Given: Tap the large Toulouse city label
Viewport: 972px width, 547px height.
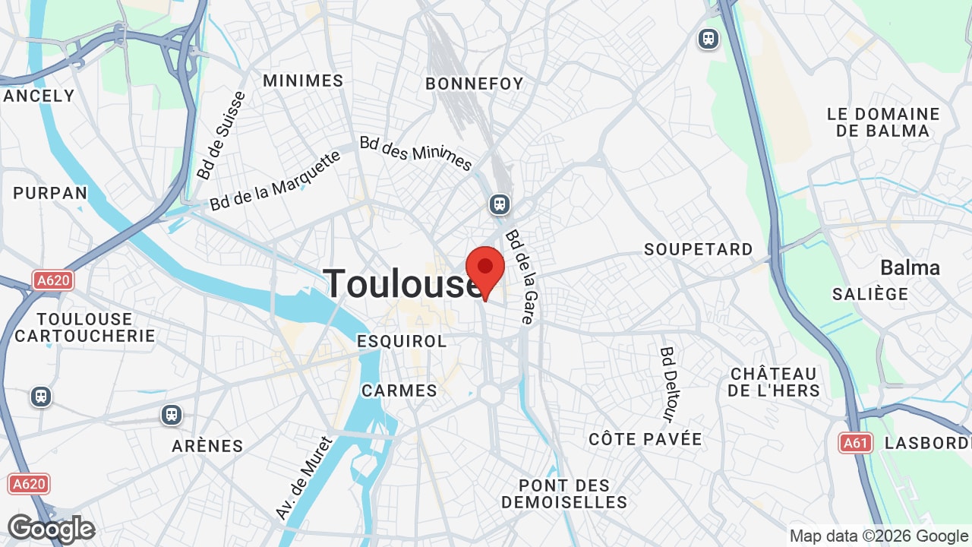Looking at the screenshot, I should (x=403, y=284).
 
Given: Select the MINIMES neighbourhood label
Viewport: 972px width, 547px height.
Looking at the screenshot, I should (x=303, y=81).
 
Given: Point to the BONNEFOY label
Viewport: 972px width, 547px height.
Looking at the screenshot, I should (x=475, y=84).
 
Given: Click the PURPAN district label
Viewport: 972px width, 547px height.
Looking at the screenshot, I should (x=51, y=193).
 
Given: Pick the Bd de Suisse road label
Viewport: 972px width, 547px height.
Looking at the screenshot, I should (x=221, y=136).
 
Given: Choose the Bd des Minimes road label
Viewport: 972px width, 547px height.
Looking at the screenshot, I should (x=416, y=153).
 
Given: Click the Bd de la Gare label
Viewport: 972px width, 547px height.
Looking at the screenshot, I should (x=520, y=277).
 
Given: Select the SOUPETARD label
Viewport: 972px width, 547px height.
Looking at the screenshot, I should (x=699, y=249).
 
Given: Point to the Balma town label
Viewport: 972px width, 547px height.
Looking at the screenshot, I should (x=910, y=267).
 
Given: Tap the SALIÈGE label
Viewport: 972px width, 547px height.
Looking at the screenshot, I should (x=870, y=294).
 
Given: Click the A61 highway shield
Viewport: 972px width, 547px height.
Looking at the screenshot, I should (x=856, y=443).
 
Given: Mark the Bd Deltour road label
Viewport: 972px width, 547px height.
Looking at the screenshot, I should (x=667, y=384).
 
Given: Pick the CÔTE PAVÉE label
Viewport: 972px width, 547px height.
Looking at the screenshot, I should (x=645, y=439).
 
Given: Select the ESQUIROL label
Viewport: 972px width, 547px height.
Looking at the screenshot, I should (x=402, y=341).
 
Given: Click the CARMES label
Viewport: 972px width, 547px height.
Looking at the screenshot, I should (x=399, y=390).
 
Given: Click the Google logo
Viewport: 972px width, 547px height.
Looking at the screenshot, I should (x=51, y=530).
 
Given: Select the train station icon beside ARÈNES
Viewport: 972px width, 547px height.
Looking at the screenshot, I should (x=172, y=415).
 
